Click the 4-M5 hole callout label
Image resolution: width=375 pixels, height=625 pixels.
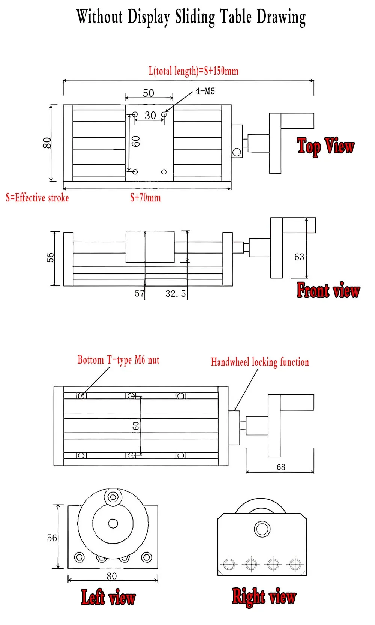[205, 91]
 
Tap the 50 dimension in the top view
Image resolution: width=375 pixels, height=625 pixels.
[148, 93]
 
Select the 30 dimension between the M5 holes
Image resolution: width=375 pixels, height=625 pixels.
[150, 116]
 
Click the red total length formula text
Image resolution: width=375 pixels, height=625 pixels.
[193, 71]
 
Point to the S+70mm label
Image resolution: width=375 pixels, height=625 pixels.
[145, 198]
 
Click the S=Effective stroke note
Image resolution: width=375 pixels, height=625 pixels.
[37, 198]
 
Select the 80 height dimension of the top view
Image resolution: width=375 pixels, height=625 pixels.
[47, 143]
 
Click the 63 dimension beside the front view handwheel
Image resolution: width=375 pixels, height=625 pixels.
[299, 257]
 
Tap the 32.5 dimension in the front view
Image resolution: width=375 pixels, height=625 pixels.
[175, 294]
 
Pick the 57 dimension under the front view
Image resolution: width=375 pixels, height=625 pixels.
[139, 293]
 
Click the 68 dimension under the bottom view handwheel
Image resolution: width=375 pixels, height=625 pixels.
[281, 467]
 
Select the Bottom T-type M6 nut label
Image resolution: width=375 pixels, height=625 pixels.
[118, 360]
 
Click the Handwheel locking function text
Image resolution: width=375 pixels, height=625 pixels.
[260, 362]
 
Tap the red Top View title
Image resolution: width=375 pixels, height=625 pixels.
[325, 146]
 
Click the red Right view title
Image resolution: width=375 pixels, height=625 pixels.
[264, 596]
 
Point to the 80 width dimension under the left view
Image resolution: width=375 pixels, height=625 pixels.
[112, 576]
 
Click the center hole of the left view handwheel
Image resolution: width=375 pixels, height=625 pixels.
[113, 523]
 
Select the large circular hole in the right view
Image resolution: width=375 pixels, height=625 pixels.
[262, 529]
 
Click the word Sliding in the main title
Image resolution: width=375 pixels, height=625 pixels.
[195, 17]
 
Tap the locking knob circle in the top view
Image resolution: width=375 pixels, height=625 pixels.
[237, 152]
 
